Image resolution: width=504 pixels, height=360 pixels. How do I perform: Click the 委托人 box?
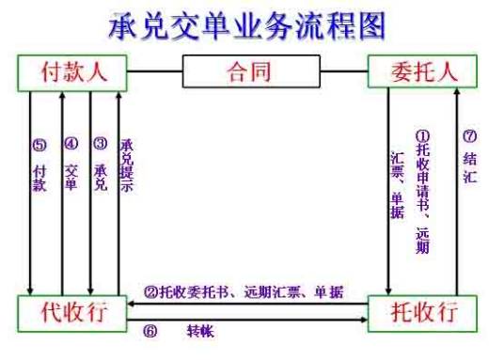(422, 70)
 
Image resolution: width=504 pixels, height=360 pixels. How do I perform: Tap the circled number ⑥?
(148, 332)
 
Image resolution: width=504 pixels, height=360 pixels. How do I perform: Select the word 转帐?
(200, 332)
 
